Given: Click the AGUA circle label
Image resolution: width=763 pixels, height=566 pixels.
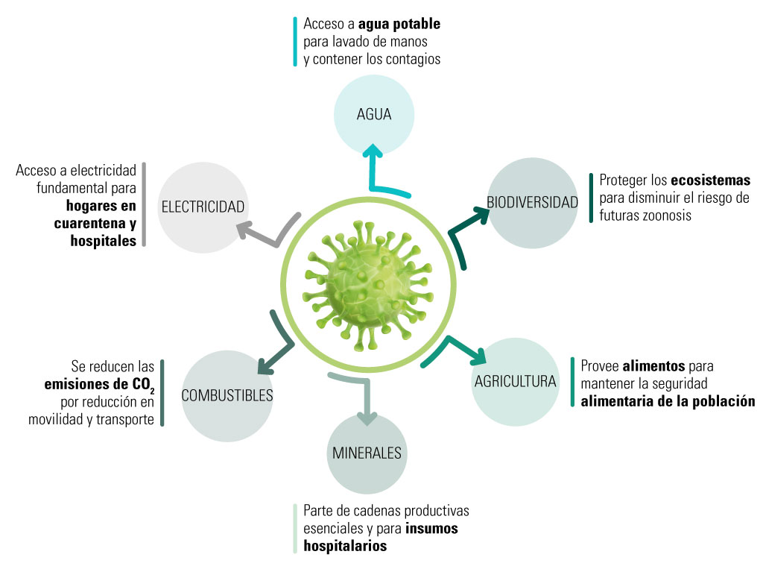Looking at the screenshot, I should click(x=373, y=115).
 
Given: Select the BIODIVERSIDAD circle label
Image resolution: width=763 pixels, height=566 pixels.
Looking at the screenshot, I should click(x=532, y=202).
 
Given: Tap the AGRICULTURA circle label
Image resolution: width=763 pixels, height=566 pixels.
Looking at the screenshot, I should click(x=516, y=381).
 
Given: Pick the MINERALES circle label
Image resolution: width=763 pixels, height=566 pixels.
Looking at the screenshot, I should click(x=367, y=453).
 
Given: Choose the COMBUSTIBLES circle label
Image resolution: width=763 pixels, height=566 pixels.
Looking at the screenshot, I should click(x=227, y=395).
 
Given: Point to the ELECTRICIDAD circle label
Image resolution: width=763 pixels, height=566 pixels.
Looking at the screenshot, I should click(x=203, y=207).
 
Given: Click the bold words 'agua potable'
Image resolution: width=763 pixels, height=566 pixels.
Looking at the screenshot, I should click(x=403, y=24).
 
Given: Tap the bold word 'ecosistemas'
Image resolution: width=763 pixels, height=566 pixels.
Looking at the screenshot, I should click(x=710, y=180).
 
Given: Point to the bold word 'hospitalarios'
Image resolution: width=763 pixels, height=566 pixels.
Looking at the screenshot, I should click(x=345, y=546).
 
